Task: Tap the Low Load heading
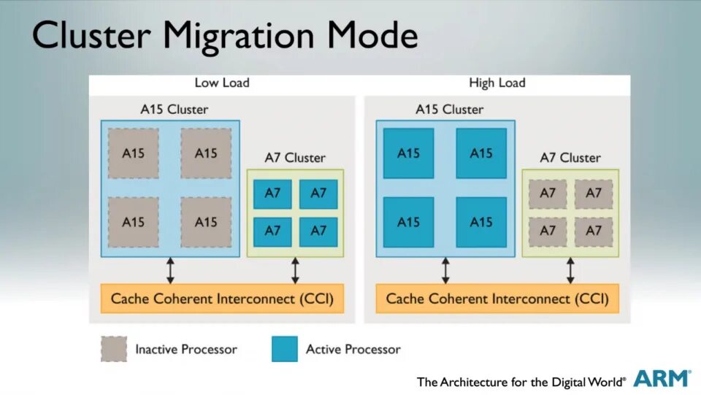coord(222,83)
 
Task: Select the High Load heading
coord(497,83)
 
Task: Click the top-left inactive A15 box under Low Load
coord(133,153)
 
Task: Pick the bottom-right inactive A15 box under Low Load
coord(206,222)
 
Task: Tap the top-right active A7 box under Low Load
coord(318,193)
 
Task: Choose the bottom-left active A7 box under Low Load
coord(272,231)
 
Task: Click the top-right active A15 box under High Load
coord(481,153)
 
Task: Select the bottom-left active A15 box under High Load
coord(408,222)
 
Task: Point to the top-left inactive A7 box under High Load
coord(548,193)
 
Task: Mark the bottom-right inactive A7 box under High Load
coord(594,231)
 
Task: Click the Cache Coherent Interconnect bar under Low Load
coord(222,299)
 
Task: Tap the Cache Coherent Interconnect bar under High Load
coord(497,299)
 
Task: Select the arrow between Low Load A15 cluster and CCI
coord(170,270)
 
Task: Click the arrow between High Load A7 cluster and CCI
coord(570,270)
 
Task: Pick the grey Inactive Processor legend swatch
coord(113,349)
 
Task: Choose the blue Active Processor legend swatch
coord(284,349)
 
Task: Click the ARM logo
coord(662,378)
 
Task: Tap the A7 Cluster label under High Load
coord(570,158)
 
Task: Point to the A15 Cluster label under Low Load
coord(174,110)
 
